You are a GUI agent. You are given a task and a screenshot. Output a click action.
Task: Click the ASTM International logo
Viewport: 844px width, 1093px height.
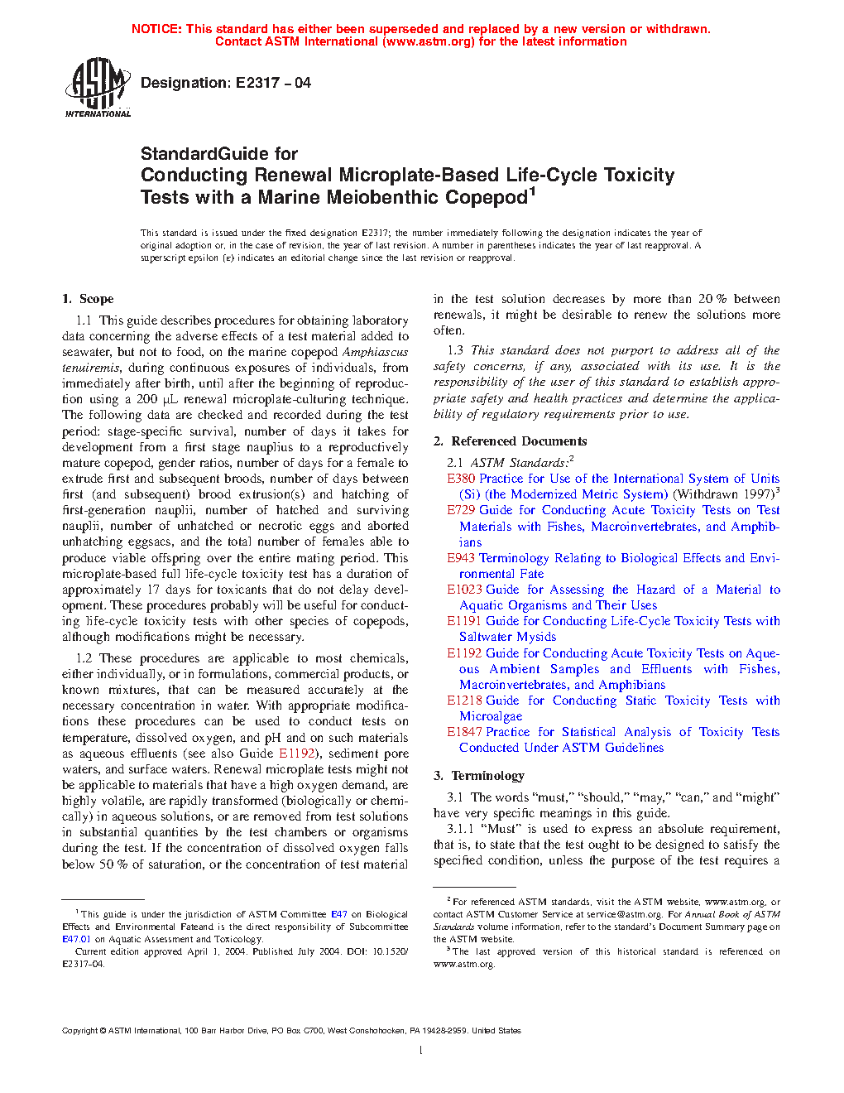click(x=98, y=87)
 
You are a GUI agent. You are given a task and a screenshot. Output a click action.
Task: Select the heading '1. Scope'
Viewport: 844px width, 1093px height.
click(x=88, y=299)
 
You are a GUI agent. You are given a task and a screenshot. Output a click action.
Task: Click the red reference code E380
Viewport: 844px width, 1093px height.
click(x=461, y=479)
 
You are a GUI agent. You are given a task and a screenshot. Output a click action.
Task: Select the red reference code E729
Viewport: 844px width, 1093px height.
click(x=461, y=510)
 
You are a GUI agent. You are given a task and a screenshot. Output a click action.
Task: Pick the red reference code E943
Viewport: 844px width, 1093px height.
click(x=461, y=558)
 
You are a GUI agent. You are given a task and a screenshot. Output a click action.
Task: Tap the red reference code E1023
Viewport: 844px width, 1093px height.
click(x=464, y=590)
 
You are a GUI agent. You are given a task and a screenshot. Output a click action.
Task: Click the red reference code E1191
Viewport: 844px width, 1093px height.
click(x=464, y=621)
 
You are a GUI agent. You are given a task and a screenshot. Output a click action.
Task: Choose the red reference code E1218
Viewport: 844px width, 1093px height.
click(x=464, y=701)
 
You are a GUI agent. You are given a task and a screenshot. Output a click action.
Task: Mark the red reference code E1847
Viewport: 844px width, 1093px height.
click(x=464, y=732)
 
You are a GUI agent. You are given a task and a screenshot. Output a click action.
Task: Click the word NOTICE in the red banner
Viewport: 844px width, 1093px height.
click(x=156, y=29)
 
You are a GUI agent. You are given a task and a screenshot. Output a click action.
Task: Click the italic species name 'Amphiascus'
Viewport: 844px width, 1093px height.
click(x=375, y=352)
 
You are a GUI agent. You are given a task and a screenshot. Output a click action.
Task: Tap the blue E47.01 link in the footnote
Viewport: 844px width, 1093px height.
click(x=76, y=939)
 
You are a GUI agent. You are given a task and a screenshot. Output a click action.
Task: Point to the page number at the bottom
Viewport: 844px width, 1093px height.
click(x=421, y=1051)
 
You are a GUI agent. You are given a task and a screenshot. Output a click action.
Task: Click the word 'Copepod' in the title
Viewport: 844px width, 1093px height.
click(x=487, y=198)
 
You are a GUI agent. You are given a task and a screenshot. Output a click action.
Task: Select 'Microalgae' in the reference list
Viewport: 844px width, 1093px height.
click(x=491, y=716)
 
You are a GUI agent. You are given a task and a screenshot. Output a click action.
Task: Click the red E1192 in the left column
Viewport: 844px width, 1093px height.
click(x=296, y=754)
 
